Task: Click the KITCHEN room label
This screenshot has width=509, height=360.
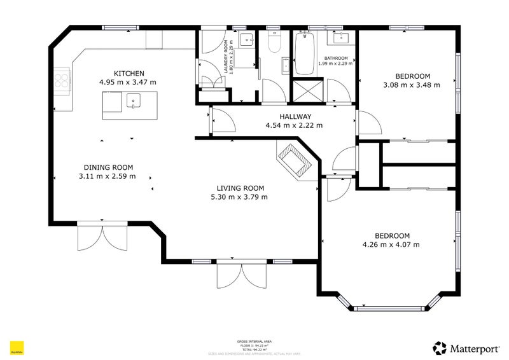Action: click(x=129, y=74)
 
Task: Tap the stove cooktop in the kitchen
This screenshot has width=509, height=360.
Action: click(x=62, y=80)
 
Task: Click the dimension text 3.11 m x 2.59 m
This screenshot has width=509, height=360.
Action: click(x=107, y=176)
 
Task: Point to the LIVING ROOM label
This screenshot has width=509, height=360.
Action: click(x=240, y=188)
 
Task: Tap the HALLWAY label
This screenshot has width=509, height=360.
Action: click(x=295, y=116)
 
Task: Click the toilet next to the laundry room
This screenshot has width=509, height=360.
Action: click(x=274, y=44)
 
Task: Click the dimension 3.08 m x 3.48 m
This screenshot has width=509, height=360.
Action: click(x=411, y=85)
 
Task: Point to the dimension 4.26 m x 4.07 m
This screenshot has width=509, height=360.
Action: click(x=391, y=244)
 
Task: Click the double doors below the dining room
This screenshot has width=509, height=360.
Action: click(x=103, y=237)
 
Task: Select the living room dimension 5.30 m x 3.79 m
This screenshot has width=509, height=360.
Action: click(x=240, y=197)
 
